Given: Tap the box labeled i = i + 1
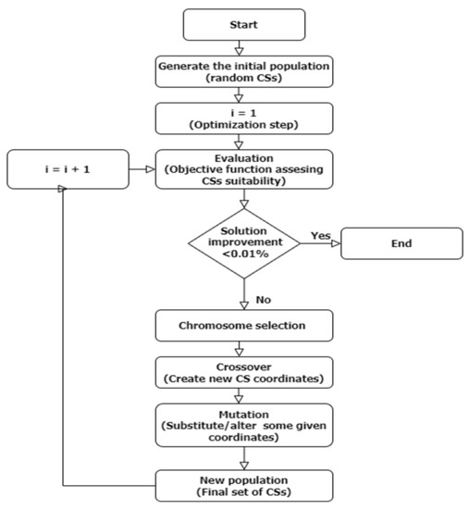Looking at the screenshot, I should (x=63, y=169).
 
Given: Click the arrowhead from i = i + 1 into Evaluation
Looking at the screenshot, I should (x=148, y=169).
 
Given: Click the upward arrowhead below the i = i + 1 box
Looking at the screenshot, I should (x=63, y=190).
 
